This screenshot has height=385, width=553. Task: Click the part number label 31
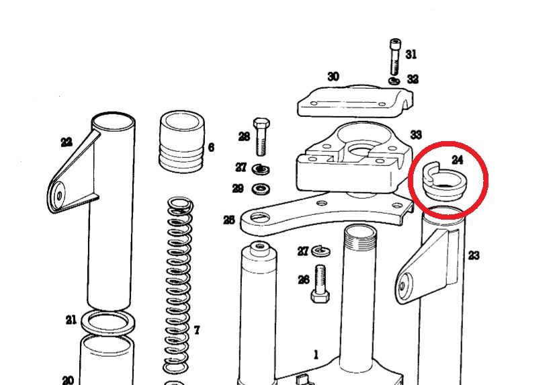[x=411, y=54]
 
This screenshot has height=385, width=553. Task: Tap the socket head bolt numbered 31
[x=395, y=56]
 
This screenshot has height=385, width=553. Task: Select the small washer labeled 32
[x=394, y=81]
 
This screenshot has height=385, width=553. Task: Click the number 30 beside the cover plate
[x=333, y=76]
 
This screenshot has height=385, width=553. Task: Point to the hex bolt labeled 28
[x=261, y=137]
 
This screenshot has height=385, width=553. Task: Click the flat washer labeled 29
[x=261, y=189]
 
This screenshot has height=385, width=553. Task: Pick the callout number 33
[x=416, y=134]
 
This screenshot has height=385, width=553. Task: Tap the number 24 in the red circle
[x=457, y=160]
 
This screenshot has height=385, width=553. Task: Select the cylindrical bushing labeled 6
[x=182, y=142]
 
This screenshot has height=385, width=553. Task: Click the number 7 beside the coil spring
[x=197, y=330]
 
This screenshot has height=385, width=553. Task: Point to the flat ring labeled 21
[x=108, y=323]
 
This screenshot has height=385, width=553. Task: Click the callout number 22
[x=67, y=142]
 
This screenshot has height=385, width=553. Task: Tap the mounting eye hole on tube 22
[x=59, y=196]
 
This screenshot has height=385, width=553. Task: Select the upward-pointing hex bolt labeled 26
[x=321, y=284]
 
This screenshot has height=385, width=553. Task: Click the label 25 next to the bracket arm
[x=229, y=220]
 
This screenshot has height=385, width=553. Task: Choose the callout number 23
[x=474, y=255]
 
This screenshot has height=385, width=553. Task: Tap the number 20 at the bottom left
[x=68, y=380]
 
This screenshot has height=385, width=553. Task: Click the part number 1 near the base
[x=316, y=354]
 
